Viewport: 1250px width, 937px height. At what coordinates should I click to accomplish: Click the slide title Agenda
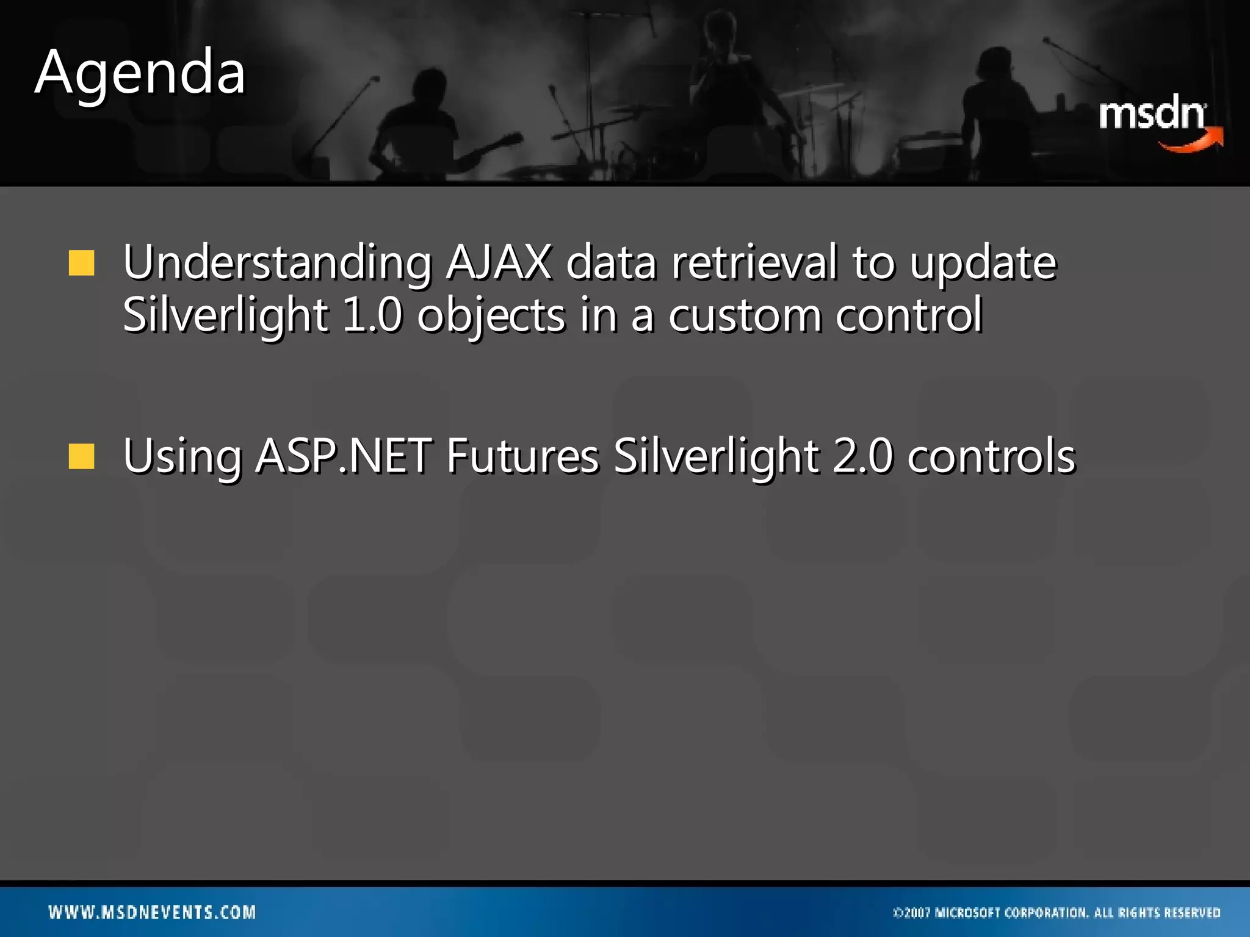point(140,73)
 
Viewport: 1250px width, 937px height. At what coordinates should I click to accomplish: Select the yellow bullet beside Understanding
point(81,264)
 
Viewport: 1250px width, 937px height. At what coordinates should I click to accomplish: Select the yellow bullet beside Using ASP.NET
point(81,457)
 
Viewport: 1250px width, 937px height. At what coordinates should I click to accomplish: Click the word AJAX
point(498,262)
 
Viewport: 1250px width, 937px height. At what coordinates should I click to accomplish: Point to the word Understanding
point(277,262)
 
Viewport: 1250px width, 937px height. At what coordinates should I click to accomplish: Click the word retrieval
point(754,262)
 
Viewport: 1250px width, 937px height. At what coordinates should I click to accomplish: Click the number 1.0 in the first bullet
point(372,315)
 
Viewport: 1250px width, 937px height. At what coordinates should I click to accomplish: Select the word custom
point(745,315)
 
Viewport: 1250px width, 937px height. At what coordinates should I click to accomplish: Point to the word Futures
point(522,456)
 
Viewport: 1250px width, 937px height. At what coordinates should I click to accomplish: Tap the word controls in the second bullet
point(991,456)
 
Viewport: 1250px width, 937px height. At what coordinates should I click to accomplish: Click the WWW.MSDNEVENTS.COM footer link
point(153,913)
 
